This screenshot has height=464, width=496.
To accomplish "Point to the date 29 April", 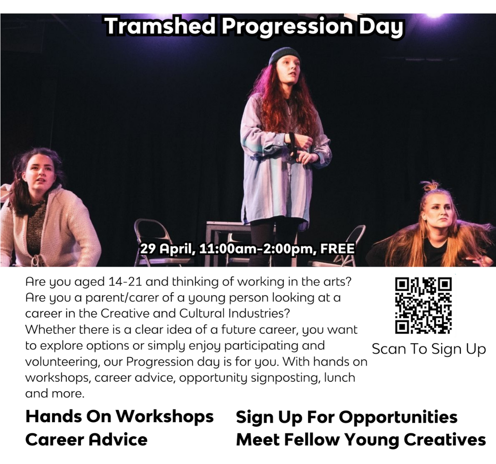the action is click(x=167, y=249).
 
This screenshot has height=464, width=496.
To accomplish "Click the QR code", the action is click(x=423, y=305).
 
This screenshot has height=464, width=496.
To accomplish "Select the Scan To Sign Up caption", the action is click(x=429, y=349).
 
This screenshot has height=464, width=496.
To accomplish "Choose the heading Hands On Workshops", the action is click(x=119, y=417).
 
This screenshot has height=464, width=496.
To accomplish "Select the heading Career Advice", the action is click(x=86, y=440).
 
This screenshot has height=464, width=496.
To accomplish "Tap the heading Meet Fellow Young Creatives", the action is click(x=361, y=440).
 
